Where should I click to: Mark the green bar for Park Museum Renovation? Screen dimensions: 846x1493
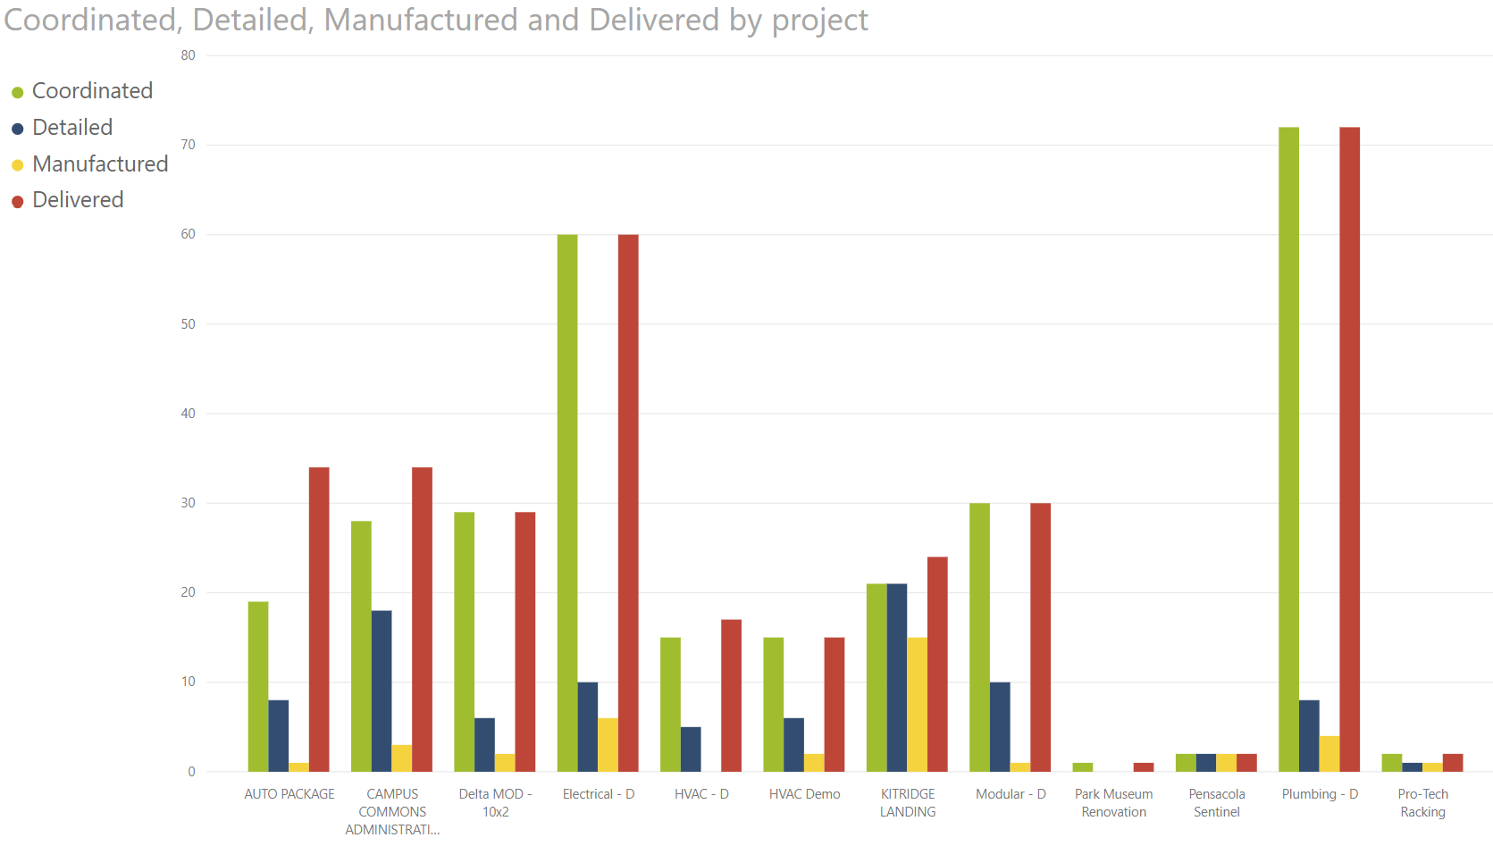pyautogui.click(x=1082, y=766)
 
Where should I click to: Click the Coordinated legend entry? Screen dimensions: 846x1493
pyautogui.click(x=92, y=91)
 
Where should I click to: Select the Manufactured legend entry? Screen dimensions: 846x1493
pyautogui.click(x=100, y=164)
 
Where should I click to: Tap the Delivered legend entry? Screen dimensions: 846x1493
pyautogui.click(x=78, y=200)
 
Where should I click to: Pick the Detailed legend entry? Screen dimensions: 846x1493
pyautogui.click(x=72, y=128)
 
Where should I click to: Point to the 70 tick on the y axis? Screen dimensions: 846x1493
pyautogui.click(x=188, y=145)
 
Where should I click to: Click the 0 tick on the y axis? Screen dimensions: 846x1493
pyautogui.click(x=191, y=772)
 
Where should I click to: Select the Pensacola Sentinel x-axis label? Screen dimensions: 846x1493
pyautogui.click(x=1216, y=803)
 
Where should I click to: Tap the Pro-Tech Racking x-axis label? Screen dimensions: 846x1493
pyautogui.click(x=1422, y=803)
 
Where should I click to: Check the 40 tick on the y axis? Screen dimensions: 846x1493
pyautogui.click(x=188, y=414)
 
